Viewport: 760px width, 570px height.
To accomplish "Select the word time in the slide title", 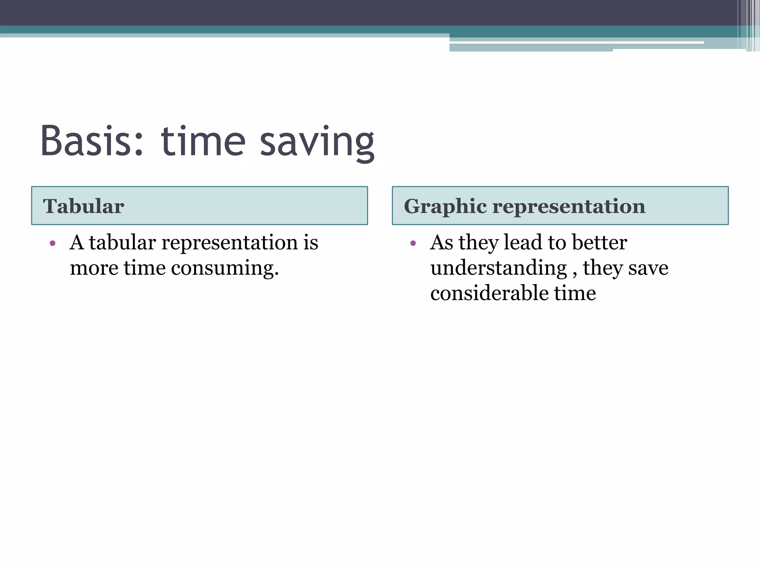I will coord(203,141).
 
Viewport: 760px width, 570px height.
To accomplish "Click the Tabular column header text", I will coord(83,206).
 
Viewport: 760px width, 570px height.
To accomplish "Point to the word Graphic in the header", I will coord(445,206).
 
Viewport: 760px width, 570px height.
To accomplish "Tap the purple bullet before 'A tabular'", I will coord(53,243).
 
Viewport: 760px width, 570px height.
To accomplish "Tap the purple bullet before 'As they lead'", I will coord(413,243).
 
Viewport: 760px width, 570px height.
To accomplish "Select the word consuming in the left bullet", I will coord(225,268).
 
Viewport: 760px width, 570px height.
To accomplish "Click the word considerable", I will coord(489,293).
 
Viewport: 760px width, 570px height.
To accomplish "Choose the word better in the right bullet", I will coord(599,243).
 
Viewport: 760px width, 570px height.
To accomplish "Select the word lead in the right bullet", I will coord(523,243).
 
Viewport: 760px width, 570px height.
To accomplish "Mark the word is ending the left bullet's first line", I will coord(311,243).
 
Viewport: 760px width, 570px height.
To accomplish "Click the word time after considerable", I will coord(575,293).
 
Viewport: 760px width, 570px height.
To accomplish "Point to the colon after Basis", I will coord(139,143).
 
